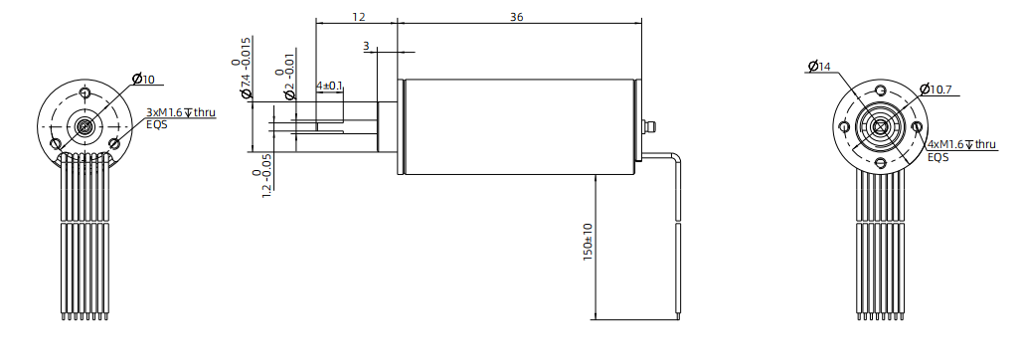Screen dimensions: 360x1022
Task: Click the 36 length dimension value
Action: (517, 17)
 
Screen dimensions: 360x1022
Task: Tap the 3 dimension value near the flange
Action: (366, 46)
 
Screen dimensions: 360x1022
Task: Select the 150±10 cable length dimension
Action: (588, 241)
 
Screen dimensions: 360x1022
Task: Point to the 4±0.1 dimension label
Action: (329, 87)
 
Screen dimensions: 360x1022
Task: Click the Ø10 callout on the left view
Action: (143, 79)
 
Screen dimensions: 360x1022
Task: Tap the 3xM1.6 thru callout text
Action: (180, 112)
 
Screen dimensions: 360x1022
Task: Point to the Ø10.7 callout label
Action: (937, 90)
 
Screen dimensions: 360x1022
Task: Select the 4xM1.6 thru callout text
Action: (960, 144)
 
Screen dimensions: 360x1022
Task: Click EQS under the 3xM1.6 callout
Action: (157, 124)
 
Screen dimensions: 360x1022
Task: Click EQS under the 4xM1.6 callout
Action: (937, 157)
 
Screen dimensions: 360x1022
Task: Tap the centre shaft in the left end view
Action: (85, 125)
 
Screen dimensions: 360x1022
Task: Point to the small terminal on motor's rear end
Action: (650, 126)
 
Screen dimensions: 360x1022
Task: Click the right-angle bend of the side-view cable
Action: (676, 155)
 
